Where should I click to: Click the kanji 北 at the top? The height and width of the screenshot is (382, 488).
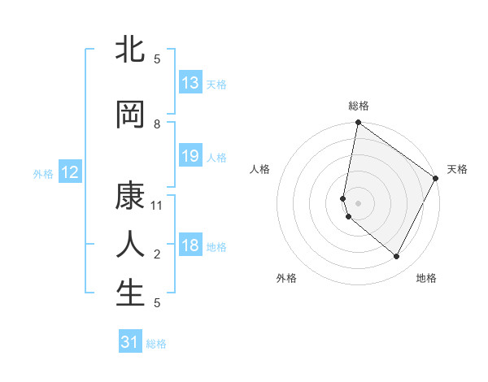tap(130, 50)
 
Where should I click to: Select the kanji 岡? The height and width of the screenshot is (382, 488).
tap(130, 115)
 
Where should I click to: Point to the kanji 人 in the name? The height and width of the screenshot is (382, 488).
tap(130, 245)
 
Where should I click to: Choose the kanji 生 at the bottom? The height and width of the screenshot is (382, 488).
tap(130, 293)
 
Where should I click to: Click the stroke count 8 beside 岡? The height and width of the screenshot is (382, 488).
tap(157, 124)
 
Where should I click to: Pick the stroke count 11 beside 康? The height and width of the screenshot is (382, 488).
tap(157, 206)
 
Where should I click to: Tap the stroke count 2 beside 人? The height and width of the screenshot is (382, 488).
tap(157, 254)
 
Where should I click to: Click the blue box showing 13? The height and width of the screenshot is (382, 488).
tap(190, 83)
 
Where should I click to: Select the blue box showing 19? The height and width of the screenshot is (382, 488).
tap(190, 156)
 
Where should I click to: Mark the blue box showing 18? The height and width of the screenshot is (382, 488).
tap(190, 245)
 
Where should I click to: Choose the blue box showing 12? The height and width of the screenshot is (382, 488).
tap(70, 172)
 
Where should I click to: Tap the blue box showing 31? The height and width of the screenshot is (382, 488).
tap(130, 342)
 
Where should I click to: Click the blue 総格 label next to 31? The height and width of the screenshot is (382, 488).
tap(156, 344)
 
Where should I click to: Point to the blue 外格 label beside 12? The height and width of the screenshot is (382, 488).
tap(42, 173)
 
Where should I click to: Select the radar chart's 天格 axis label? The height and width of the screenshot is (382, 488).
tap(457, 169)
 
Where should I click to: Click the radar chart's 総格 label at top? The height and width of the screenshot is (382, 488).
tap(359, 106)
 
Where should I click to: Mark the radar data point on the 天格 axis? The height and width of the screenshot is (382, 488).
tap(437, 179)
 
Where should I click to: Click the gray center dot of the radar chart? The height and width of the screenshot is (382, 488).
tap(359, 203)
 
